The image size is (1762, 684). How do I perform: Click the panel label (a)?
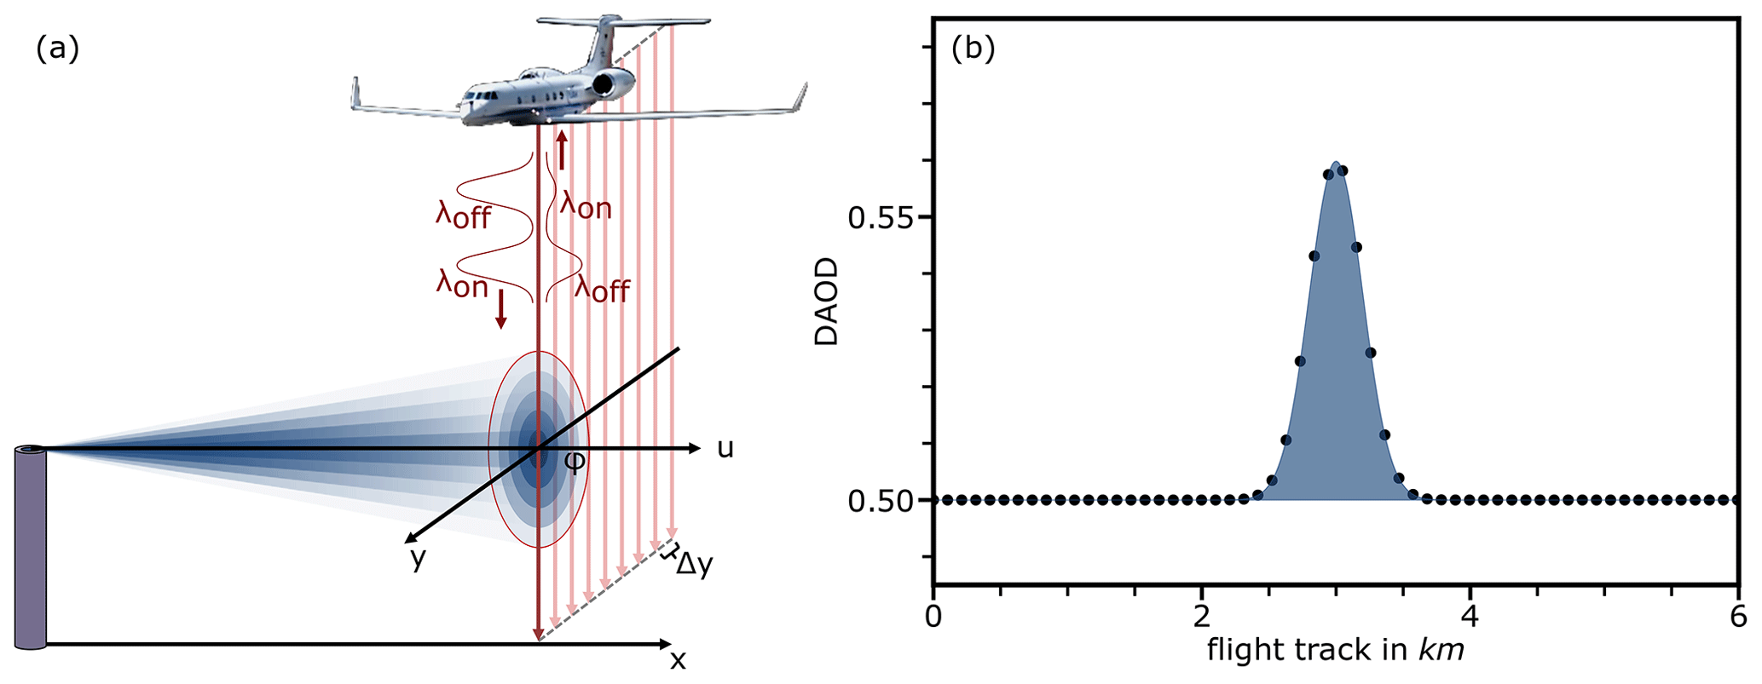click(57, 50)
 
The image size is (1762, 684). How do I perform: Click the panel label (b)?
click(973, 50)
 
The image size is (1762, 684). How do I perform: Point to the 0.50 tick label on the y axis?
click(879, 501)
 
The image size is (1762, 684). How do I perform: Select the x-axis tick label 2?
click(1201, 615)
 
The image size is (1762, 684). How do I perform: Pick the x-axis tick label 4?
click(1470, 615)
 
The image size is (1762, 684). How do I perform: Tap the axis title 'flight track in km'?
click(1336, 651)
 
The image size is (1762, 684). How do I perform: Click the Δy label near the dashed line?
click(693, 565)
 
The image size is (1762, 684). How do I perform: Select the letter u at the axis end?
click(725, 448)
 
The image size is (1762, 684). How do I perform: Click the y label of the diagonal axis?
click(418, 559)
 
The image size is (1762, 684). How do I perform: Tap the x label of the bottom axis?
click(678, 660)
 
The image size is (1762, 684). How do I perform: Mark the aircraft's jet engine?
click(613, 83)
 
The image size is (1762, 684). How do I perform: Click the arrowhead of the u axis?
click(694, 448)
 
